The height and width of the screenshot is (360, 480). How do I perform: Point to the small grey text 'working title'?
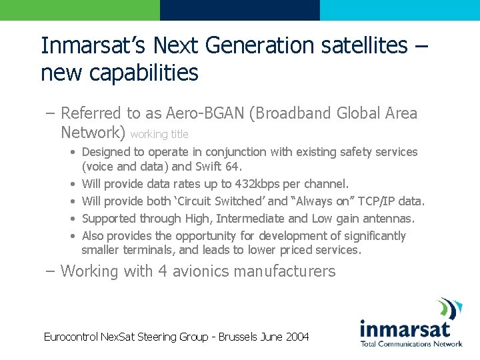coord(159,134)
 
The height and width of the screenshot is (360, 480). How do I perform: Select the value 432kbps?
coord(245,183)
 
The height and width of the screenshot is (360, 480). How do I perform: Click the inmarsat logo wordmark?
coord(405,328)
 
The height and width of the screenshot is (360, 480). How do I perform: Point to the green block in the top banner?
coord(80,10)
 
